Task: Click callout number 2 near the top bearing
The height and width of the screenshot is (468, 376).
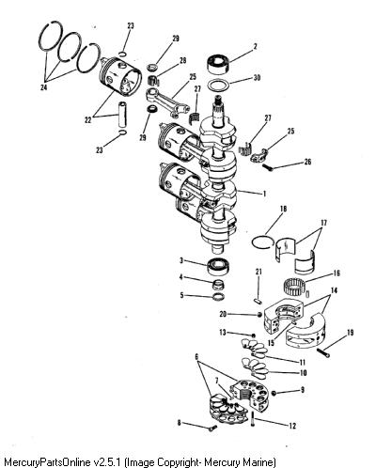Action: point(255,46)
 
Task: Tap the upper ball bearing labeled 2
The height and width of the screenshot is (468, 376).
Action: point(218,64)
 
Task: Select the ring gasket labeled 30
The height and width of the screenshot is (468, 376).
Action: point(219,86)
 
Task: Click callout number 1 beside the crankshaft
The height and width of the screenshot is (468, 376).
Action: point(264,194)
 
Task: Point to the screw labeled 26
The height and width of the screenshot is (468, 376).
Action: point(267,167)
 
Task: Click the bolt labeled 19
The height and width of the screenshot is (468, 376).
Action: point(323,353)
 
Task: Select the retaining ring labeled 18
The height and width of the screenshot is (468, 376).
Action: point(262,242)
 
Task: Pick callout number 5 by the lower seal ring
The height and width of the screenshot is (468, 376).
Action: point(182,295)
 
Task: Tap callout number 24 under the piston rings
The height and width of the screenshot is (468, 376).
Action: point(44,87)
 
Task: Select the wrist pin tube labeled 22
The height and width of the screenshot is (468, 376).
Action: point(122,115)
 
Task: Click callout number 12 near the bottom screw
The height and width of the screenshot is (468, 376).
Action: point(292,426)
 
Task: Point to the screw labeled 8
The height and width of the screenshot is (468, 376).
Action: point(212,428)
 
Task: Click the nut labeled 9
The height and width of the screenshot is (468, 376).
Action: point(274,393)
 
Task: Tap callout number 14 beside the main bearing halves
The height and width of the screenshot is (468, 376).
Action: point(334,290)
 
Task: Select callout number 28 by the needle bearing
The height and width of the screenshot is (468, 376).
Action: point(182,60)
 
